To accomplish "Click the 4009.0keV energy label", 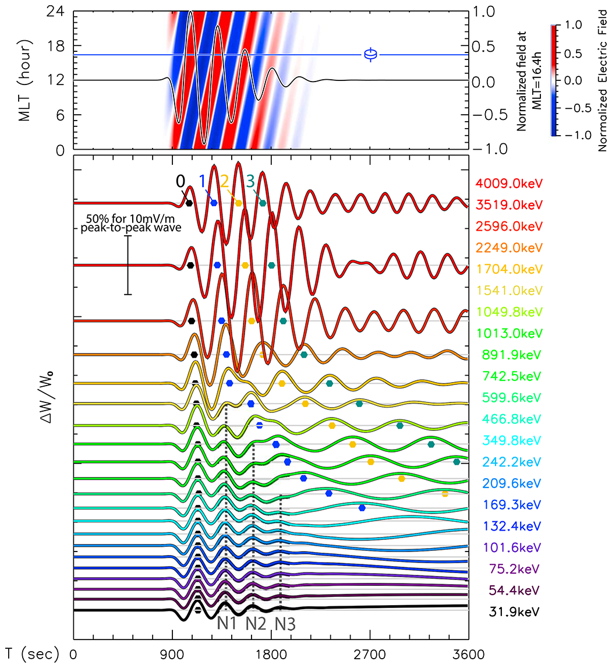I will pos(510,183).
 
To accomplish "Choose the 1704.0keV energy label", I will pos(510,268).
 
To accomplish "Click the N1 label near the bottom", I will pos(227,624).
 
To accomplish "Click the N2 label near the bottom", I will pos(256,624).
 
